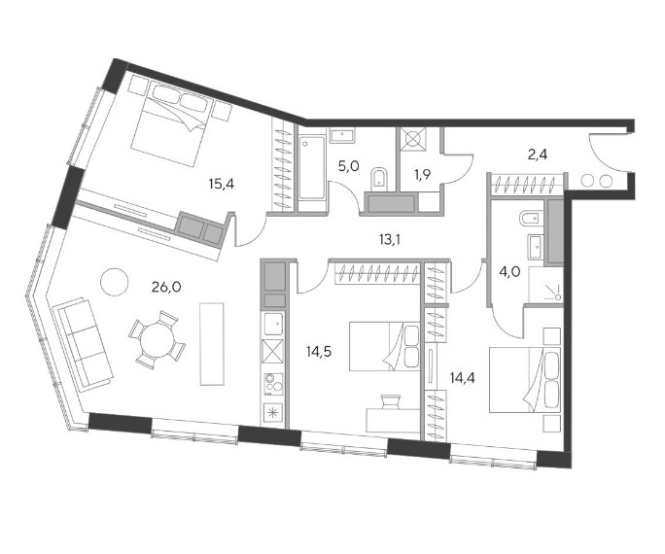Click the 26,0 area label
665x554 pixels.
(x=166, y=288)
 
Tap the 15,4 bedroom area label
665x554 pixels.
(x=222, y=184)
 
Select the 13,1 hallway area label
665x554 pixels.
(x=390, y=240)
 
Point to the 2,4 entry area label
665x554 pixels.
(x=538, y=155)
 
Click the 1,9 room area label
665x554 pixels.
(x=423, y=174)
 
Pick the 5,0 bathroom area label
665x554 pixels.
(x=348, y=166)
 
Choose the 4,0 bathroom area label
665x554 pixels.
(x=509, y=271)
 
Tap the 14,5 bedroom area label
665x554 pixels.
(x=319, y=352)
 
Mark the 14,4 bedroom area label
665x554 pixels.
(x=462, y=378)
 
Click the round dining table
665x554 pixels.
(x=157, y=339)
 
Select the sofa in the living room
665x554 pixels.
(x=83, y=345)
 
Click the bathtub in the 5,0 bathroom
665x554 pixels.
(x=312, y=167)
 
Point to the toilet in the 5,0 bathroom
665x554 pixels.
(x=379, y=179)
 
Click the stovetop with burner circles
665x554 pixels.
(x=273, y=384)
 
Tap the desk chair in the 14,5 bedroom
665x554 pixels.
(x=391, y=401)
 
